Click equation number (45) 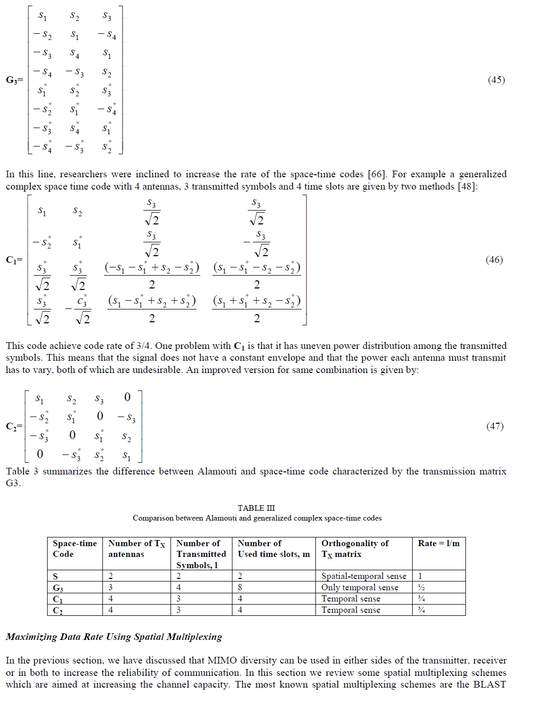coord(496,80)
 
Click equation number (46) coord(494,260)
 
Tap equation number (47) coord(495,426)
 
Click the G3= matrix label coord(14,80)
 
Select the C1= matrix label coord(14,260)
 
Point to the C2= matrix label coord(14,426)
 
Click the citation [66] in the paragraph coord(377,174)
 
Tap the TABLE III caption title coord(256,508)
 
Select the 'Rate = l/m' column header coord(438,544)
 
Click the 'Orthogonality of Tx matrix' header coord(355,549)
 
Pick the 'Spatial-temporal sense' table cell coord(364,576)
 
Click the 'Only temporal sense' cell coord(359,588)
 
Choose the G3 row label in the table coord(58,588)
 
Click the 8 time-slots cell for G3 coord(240,588)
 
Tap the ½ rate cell coord(421,588)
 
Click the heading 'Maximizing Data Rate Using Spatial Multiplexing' coord(114,637)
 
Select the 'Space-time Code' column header coord(75,549)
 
